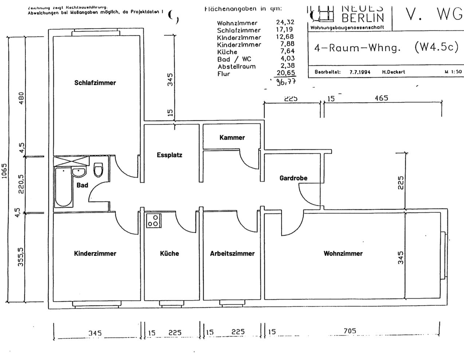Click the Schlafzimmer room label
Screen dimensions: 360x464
pyautogui.click(x=95, y=83)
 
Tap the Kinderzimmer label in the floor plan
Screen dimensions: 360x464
pyautogui.click(x=95, y=254)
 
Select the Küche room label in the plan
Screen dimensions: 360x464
pyautogui.click(x=169, y=254)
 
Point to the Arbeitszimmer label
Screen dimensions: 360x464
pyautogui.click(x=232, y=254)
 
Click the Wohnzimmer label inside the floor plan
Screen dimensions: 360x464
pyautogui.click(x=343, y=254)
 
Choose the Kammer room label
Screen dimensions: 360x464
pyautogui.click(x=232, y=138)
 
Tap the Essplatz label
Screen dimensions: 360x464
pyautogui.click(x=169, y=155)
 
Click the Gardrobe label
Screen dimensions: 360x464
pyautogui.click(x=293, y=178)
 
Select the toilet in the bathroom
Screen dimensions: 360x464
pyautogui.click(x=98, y=170)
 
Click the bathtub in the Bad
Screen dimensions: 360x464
pyautogui.click(x=63, y=187)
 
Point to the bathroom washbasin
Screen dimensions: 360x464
pyautogui.click(x=78, y=172)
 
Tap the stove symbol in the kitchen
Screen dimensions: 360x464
pyautogui.click(x=153, y=221)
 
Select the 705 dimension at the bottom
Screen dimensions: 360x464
pyautogui.click(x=350, y=331)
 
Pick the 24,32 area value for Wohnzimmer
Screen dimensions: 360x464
pyautogui.click(x=285, y=23)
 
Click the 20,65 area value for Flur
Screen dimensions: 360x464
pyautogui.click(x=285, y=73)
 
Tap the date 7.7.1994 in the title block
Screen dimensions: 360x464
pyautogui.click(x=360, y=72)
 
